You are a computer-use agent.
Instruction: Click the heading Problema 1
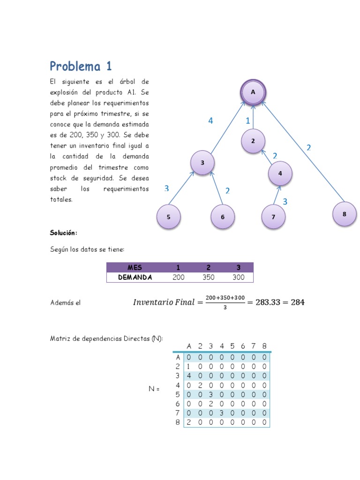(81, 66)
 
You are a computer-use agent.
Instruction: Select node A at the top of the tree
(253, 92)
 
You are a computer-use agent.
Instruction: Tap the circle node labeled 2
(253, 141)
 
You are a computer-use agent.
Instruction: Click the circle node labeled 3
(202, 163)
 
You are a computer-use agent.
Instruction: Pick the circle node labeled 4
(280, 173)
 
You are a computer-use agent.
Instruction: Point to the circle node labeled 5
(168, 217)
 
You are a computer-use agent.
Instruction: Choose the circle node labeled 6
(222, 217)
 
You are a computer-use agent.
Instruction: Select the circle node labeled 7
(273, 217)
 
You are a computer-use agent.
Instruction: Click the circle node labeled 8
(344, 214)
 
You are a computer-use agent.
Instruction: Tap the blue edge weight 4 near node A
(211, 121)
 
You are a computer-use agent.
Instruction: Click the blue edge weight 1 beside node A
(248, 121)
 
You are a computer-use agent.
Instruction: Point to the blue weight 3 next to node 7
(285, 202)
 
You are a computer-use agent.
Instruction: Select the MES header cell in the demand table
(134, 267)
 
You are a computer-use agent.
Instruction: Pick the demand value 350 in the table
(208, 277)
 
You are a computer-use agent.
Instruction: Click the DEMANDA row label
(135, 277)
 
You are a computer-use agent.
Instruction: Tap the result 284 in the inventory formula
(297, 302)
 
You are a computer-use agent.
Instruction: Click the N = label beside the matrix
(154, 389)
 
